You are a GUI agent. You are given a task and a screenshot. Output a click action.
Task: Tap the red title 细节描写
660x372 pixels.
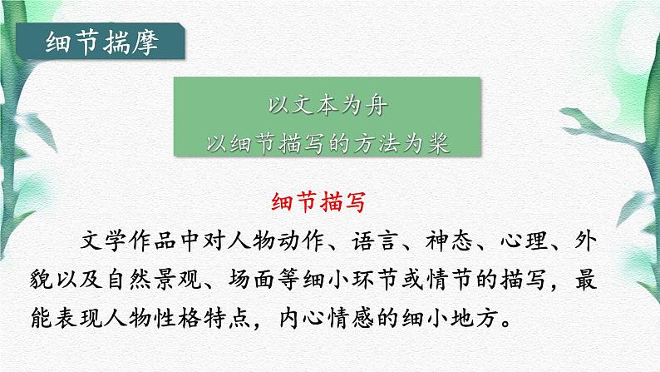point(329,202)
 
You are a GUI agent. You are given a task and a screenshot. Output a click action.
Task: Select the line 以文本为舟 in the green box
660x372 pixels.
point(330,107)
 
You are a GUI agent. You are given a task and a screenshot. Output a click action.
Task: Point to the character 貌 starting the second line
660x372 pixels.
point(63,280)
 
